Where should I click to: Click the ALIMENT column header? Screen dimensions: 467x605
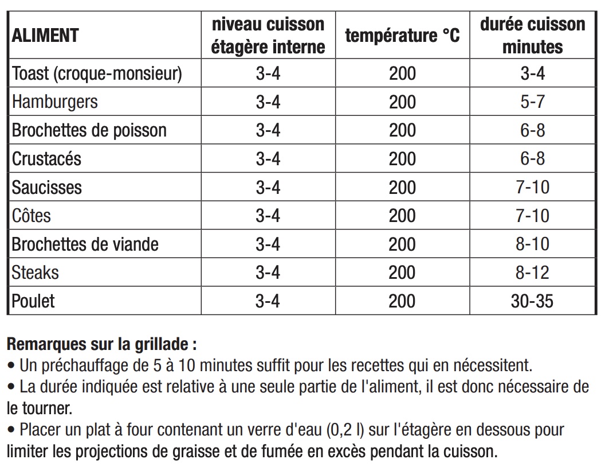45,35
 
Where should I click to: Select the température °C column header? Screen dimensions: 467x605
402,35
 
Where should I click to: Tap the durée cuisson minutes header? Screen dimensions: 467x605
532,35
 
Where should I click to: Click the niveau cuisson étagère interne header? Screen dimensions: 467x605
268,35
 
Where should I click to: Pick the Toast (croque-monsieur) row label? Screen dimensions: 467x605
97,73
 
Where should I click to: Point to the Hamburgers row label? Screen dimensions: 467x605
55,102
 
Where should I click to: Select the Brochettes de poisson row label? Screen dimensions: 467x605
89,130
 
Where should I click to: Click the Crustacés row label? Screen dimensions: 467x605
47,159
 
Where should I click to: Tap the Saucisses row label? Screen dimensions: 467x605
47,187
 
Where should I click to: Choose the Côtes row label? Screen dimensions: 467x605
32,216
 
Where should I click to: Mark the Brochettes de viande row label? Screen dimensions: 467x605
85,244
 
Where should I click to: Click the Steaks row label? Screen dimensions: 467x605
36,273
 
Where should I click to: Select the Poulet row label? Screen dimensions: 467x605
34,301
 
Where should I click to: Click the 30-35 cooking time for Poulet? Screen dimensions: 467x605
532,301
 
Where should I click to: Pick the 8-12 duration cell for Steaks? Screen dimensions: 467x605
532,273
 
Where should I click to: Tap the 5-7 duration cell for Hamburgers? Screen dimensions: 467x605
532,102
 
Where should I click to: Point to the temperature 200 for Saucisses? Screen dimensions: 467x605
402,187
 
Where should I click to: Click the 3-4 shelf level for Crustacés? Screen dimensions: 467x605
268,159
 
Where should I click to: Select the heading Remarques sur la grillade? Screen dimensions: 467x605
102,345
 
